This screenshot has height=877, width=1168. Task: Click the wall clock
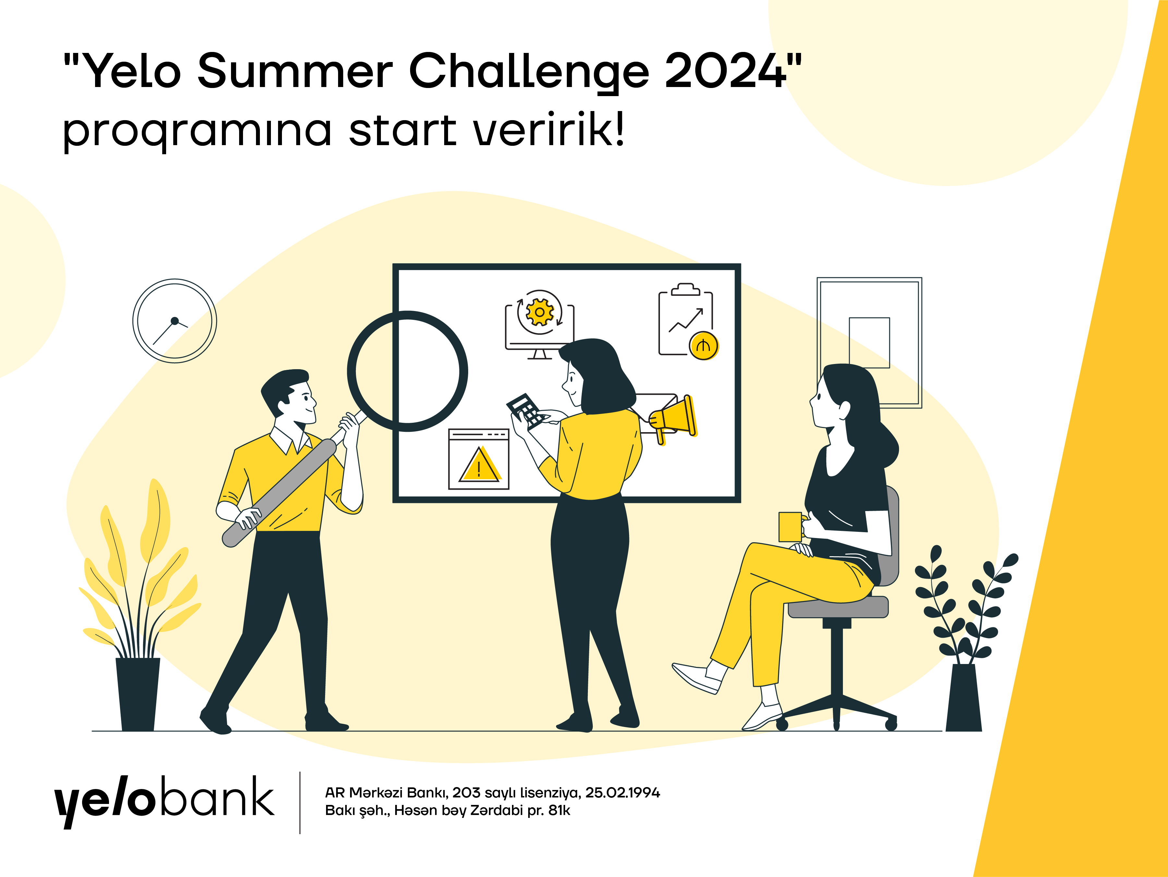click(175, 321)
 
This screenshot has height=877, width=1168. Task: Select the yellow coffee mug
click(790, 527)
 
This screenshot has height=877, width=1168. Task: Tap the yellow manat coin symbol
click(703, 346)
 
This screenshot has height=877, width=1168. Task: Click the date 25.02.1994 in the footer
click(623, 793)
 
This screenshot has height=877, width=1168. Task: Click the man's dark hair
click(285, 385)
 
